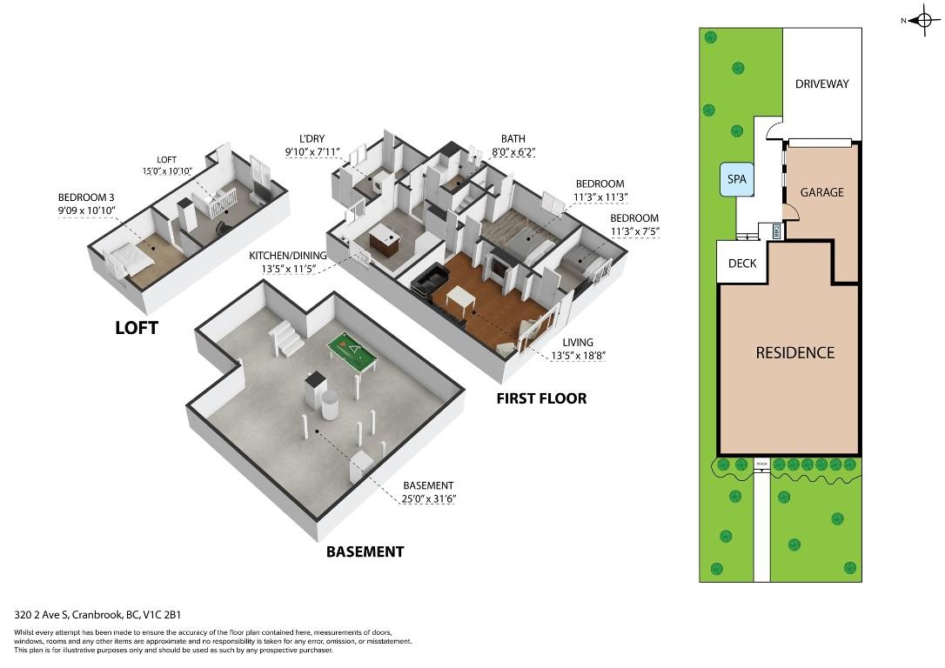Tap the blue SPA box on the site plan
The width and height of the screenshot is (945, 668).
tap(736, 180)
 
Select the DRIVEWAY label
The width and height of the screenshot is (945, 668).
tap(821, 84)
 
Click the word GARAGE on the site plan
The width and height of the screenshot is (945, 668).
tap(821, 192)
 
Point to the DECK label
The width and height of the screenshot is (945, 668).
tap(741, 264)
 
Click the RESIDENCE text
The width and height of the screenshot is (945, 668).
tap(794, 352)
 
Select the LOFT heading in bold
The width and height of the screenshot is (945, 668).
tap(137, 328)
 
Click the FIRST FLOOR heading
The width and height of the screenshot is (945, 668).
tap(541, 398)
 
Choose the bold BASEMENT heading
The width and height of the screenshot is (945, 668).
tap(365, 551)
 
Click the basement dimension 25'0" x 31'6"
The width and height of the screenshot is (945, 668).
tap(429, 498)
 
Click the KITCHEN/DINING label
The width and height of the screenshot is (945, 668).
tap(289, 256)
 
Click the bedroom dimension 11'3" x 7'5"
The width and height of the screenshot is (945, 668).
tap(633, 231)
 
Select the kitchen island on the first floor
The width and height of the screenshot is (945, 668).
tap(383, 240)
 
